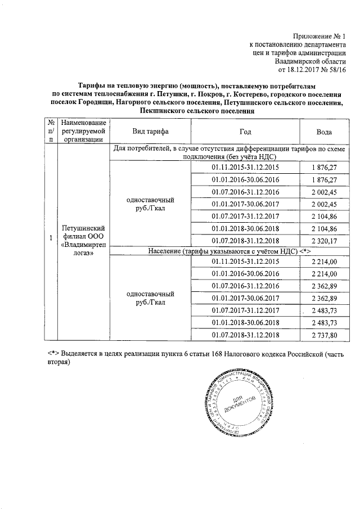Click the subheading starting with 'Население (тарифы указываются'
229,251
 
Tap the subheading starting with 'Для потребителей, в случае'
229,152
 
